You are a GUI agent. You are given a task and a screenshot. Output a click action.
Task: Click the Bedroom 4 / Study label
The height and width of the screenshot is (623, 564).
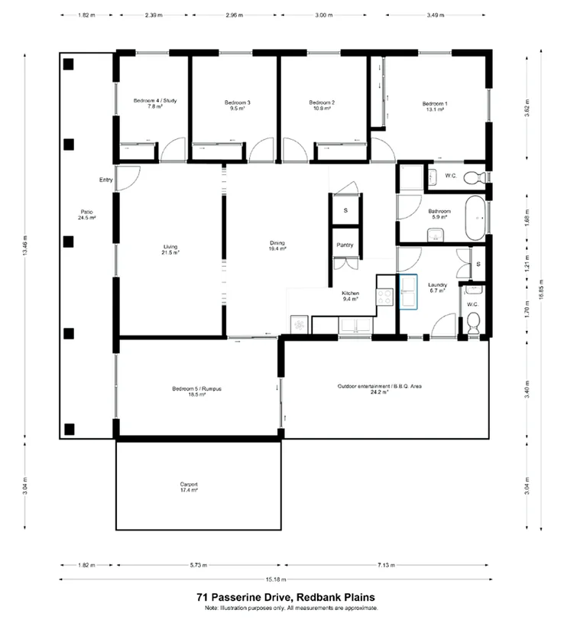click(148, 101)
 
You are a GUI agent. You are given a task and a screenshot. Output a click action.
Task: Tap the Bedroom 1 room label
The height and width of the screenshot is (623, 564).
click(436, 103)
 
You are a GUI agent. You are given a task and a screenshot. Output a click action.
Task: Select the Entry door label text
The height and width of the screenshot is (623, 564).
click(105, 180)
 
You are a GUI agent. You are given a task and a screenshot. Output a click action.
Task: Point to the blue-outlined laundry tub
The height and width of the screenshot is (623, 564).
click(408, 293)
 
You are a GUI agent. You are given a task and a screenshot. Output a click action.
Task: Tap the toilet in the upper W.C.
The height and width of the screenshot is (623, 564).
click(478, 178)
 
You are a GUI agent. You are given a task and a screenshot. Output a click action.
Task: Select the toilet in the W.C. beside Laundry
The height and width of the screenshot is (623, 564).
click(473, 324)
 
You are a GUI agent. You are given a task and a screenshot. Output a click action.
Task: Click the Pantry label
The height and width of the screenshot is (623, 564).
click(345, 245)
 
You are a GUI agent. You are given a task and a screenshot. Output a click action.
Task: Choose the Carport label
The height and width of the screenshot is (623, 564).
click(189, 485)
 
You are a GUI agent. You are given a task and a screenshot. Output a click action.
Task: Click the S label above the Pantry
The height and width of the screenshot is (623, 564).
click(345, 209)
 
